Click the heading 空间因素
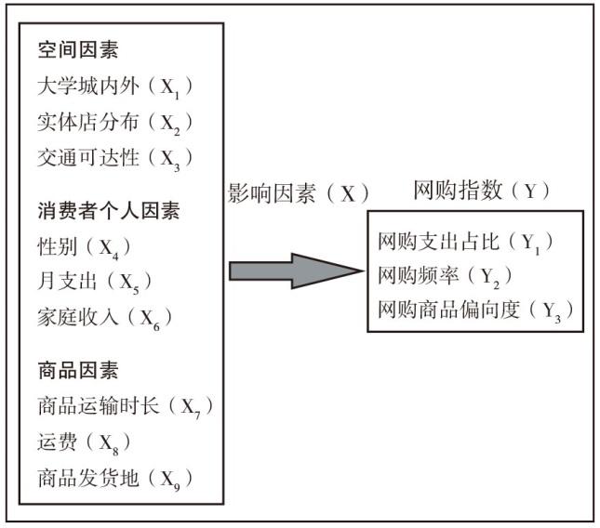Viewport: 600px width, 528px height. (x=78, y=49)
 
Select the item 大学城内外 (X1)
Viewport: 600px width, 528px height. (x=115, y=86)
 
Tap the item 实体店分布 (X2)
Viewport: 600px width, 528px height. (x=115, y=123)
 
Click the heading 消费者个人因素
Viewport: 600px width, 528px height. (x=109, y=211)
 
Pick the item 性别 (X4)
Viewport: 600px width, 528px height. (x=84, y=247)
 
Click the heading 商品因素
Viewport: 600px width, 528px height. (x=78, y=370)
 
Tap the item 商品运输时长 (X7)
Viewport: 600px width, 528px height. (x=126, y=407)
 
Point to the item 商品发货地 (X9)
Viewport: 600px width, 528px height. (x=115, y=479)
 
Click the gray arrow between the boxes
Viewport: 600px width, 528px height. (x=296, y=271)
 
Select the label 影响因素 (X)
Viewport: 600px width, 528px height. (x=298, y=193)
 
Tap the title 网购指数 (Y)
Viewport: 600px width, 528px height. (x=481, y=190)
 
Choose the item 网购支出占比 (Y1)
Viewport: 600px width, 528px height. (x=465, y=243)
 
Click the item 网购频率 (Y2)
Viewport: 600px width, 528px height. (x=445, y=276)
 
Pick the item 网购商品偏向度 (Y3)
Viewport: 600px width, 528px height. (x=475, y=310)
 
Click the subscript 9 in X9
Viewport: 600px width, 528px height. (x=177, y=487)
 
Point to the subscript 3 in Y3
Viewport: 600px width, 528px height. (x=557, y=319)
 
